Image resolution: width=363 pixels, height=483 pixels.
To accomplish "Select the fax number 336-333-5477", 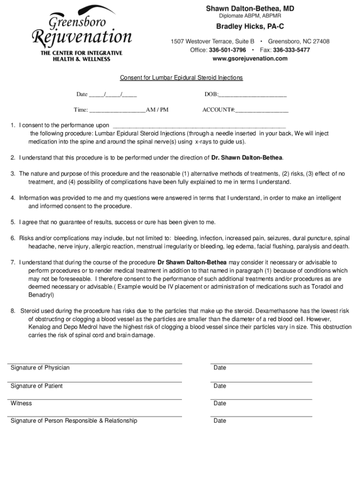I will click(291, 50).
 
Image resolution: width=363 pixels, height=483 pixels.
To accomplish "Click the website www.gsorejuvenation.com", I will click(250, 58).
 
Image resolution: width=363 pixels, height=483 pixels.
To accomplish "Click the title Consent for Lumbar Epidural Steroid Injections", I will click(181, 78).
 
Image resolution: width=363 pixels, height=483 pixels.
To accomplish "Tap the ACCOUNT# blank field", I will click(262, 110).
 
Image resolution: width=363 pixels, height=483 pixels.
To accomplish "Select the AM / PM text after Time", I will click(157, 110).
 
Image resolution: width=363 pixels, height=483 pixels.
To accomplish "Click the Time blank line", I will click(117, 110).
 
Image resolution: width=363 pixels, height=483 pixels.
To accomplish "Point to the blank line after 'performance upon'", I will click(198, 126).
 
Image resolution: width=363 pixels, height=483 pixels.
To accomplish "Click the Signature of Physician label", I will click(40, 368).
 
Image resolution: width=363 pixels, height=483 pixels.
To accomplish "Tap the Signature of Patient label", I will click(37, 386).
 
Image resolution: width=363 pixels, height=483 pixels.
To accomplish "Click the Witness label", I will click(21, 403).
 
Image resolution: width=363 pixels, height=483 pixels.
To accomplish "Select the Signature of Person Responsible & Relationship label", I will click(74, 421).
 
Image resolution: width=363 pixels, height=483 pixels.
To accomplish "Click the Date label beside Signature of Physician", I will click(220, 368).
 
